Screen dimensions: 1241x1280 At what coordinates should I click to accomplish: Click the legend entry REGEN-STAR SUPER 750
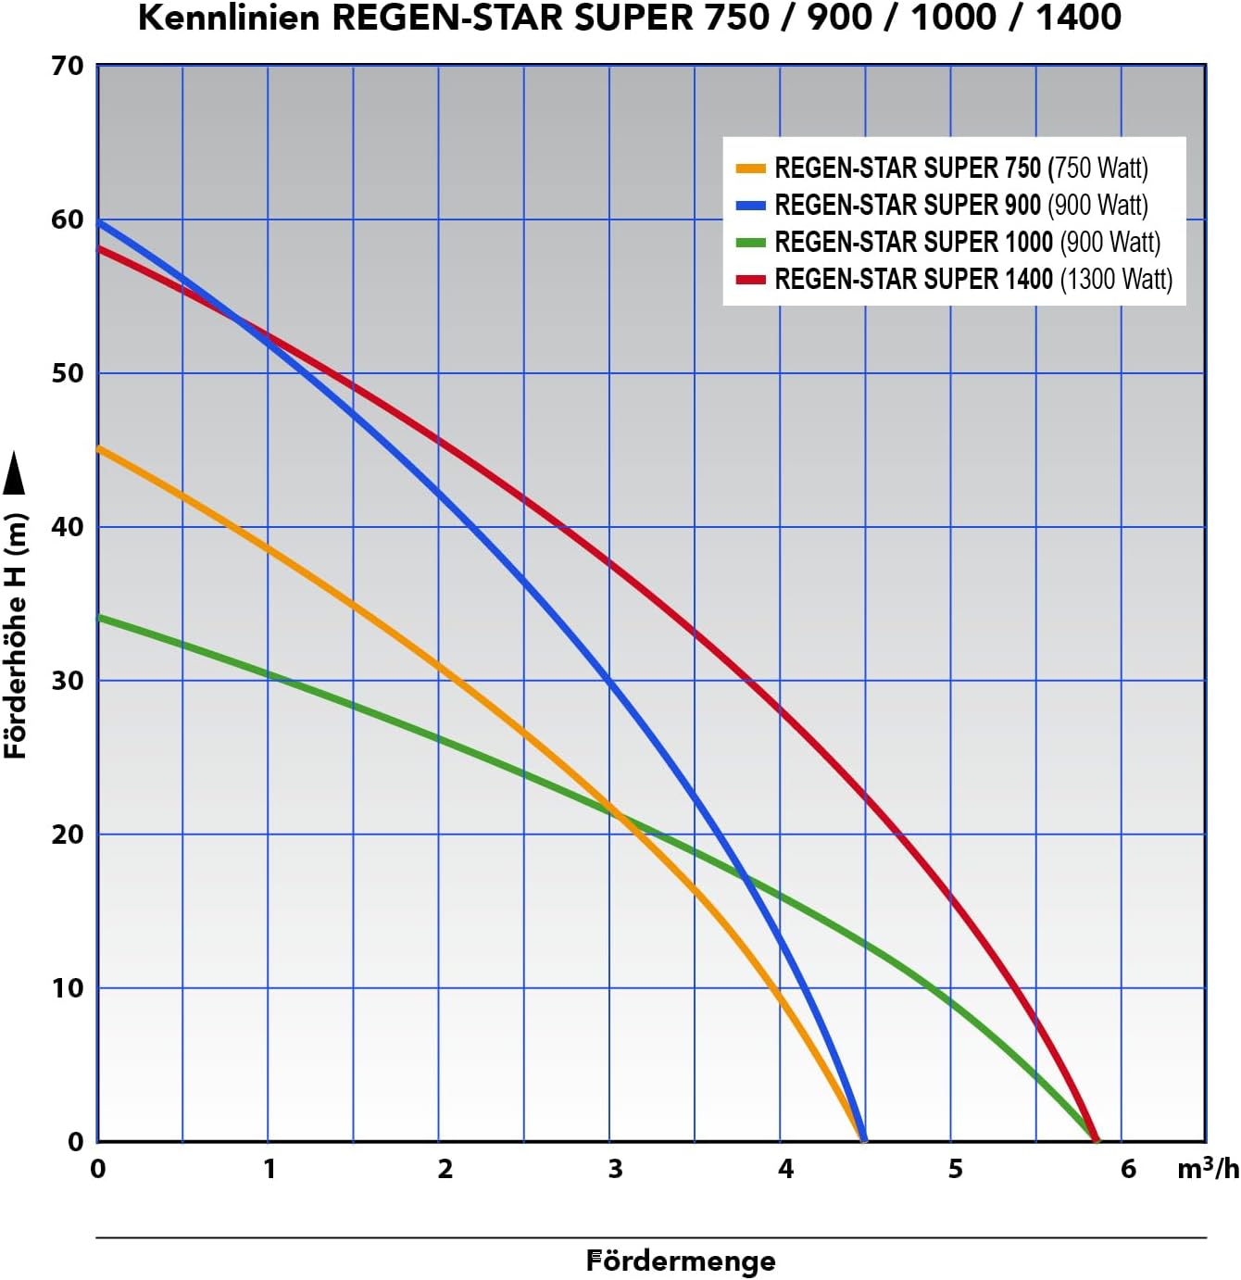click(960, 169)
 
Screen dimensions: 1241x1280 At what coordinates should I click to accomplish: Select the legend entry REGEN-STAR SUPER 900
click(960, 206)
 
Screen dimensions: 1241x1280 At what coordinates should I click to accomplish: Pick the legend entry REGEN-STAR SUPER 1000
click(968, 242)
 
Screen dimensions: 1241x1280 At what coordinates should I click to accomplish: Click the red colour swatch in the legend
click(750, 280)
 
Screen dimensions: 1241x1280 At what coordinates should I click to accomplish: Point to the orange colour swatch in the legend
click(750, 169)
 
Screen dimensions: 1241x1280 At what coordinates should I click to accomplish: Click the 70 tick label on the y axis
click(68, 66)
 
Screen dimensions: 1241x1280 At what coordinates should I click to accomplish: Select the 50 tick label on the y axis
click(68, 373)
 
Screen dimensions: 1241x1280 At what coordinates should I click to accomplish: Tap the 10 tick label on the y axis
click(68, 987)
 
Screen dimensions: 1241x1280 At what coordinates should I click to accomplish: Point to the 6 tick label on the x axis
click(1129, 1169)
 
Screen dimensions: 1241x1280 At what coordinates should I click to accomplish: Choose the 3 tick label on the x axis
click(615, 1169)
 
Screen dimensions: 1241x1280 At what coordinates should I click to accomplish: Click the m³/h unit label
click(1208, 1168)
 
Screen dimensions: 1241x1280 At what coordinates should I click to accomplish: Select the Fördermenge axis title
click(681, 1261)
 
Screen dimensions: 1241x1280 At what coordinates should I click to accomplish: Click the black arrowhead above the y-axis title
click(14, 471)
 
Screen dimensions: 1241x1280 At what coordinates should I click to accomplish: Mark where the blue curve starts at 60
click(98, 222)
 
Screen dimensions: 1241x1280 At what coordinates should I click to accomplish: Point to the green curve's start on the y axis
click(98, 617)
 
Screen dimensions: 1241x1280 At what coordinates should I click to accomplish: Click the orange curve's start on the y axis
click(98, 448)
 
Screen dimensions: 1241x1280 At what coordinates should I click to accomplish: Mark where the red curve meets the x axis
click(1095, 1140)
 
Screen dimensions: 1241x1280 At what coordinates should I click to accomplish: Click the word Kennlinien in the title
click(228, 18)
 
